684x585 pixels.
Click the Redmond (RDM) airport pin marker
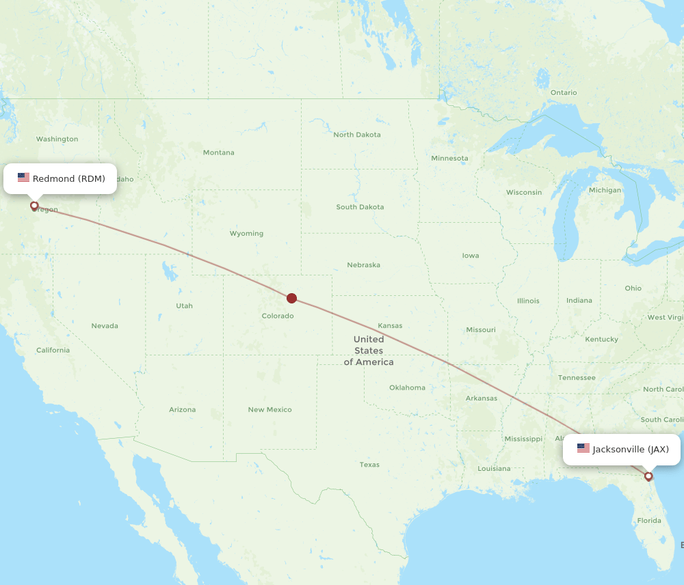[34, 205]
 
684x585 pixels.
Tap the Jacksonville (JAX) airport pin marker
[648, 476]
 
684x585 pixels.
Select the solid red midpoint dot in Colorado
[292, 298]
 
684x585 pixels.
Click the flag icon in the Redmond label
[24, 178]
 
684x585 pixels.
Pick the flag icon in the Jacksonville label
[583, 449]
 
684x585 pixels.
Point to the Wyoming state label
[246, 234]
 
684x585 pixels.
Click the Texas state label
[369, 465]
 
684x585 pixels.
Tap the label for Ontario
[564, 93]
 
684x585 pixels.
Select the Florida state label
[649, 521]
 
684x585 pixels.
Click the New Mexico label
[269, 410]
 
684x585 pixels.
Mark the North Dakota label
[357, 135]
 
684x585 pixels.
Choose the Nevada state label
[105, 326]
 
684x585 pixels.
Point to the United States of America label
[369, 351]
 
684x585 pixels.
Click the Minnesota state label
[449, 159]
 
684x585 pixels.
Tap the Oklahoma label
[407, 387]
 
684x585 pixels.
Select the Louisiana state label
[494, 469]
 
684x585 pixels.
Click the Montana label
[218, 152]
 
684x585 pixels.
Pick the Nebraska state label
[363, 265]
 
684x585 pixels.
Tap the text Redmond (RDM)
[69, 179]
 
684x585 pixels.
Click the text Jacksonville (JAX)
[631, 450]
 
